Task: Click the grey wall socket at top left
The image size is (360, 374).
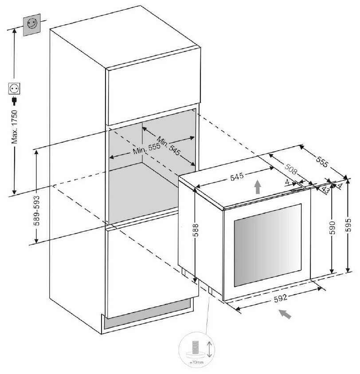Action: coord(32,25)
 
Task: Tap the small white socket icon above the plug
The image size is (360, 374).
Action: coord(15,89)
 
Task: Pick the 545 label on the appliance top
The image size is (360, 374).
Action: coord(237,178)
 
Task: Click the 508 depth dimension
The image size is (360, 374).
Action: coord(290,170)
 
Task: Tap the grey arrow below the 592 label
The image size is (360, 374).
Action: coord(286,314)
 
